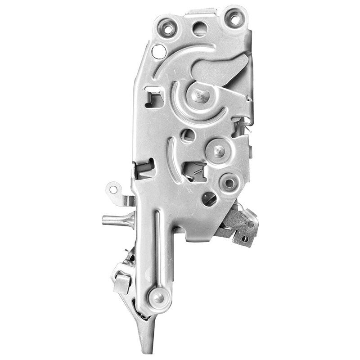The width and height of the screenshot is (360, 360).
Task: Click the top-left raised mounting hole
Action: pyautogui.click(x=167, y=29)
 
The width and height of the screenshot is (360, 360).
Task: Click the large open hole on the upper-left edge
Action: pyautogui.click(x=159, y=51)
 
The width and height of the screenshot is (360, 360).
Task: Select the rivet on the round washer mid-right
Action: pyautogui.click(x=218, y=151)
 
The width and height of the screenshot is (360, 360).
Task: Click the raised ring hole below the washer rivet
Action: pyautogui.click(x=229, y=183)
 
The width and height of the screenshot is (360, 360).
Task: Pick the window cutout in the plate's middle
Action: pyautogui.click(x=194, y=170)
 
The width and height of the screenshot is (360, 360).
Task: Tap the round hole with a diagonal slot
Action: pyautogui.click(x=209, y=198)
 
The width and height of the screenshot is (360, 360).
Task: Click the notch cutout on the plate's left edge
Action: pyautogui.click(x=145, y=168)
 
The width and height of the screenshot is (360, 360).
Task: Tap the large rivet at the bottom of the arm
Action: pyautogui.click(x=159, y=297)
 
